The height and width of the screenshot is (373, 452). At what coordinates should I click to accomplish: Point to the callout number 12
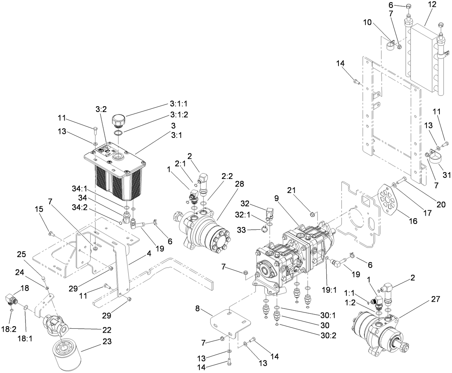(432, 5)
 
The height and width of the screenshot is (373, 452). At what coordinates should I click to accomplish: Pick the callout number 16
(413, 221)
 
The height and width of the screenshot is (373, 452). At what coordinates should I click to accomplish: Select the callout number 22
(106, 330)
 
